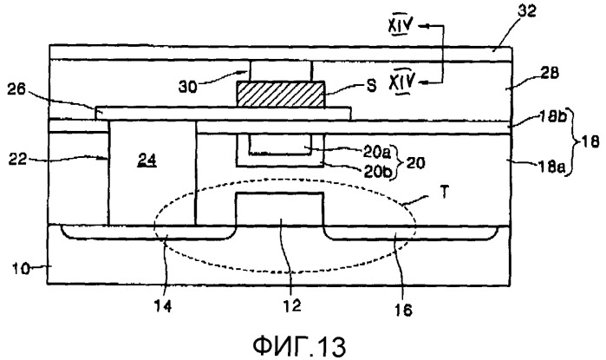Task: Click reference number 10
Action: pos(18,268)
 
